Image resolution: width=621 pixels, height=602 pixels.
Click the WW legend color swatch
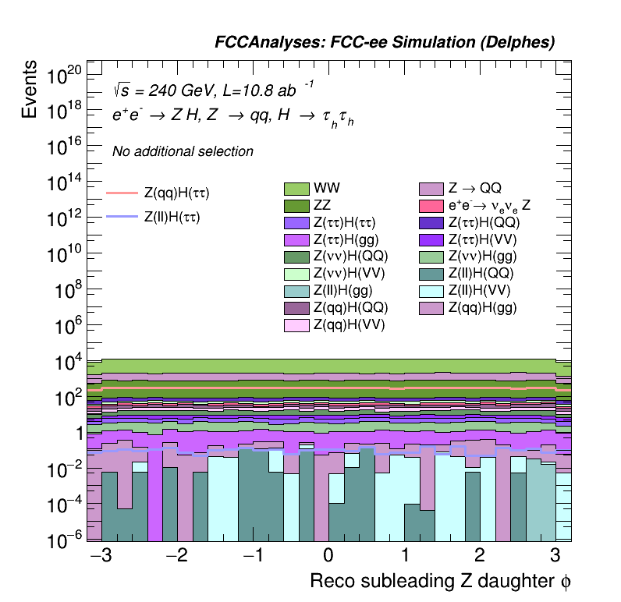(296, 189)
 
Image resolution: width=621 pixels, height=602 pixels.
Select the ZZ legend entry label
(323, 206)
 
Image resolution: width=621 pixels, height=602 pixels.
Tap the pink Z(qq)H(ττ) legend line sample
(122, 192)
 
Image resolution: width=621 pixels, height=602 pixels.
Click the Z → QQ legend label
(474, 189)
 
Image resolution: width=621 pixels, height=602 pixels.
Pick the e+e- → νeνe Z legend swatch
(431, 206)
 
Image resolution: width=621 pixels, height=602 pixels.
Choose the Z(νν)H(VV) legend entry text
(349, 274)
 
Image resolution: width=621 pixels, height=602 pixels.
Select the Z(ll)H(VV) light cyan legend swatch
(431, 291)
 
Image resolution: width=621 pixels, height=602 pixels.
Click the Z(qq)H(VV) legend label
(349, 325)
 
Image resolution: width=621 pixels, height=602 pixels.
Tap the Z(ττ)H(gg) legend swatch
(296, 240)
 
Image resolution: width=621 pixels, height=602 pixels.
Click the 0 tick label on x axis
(328, 556)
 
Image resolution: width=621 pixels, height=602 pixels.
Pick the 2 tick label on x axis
(480, 556)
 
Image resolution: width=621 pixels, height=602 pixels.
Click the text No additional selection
(183, 151)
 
